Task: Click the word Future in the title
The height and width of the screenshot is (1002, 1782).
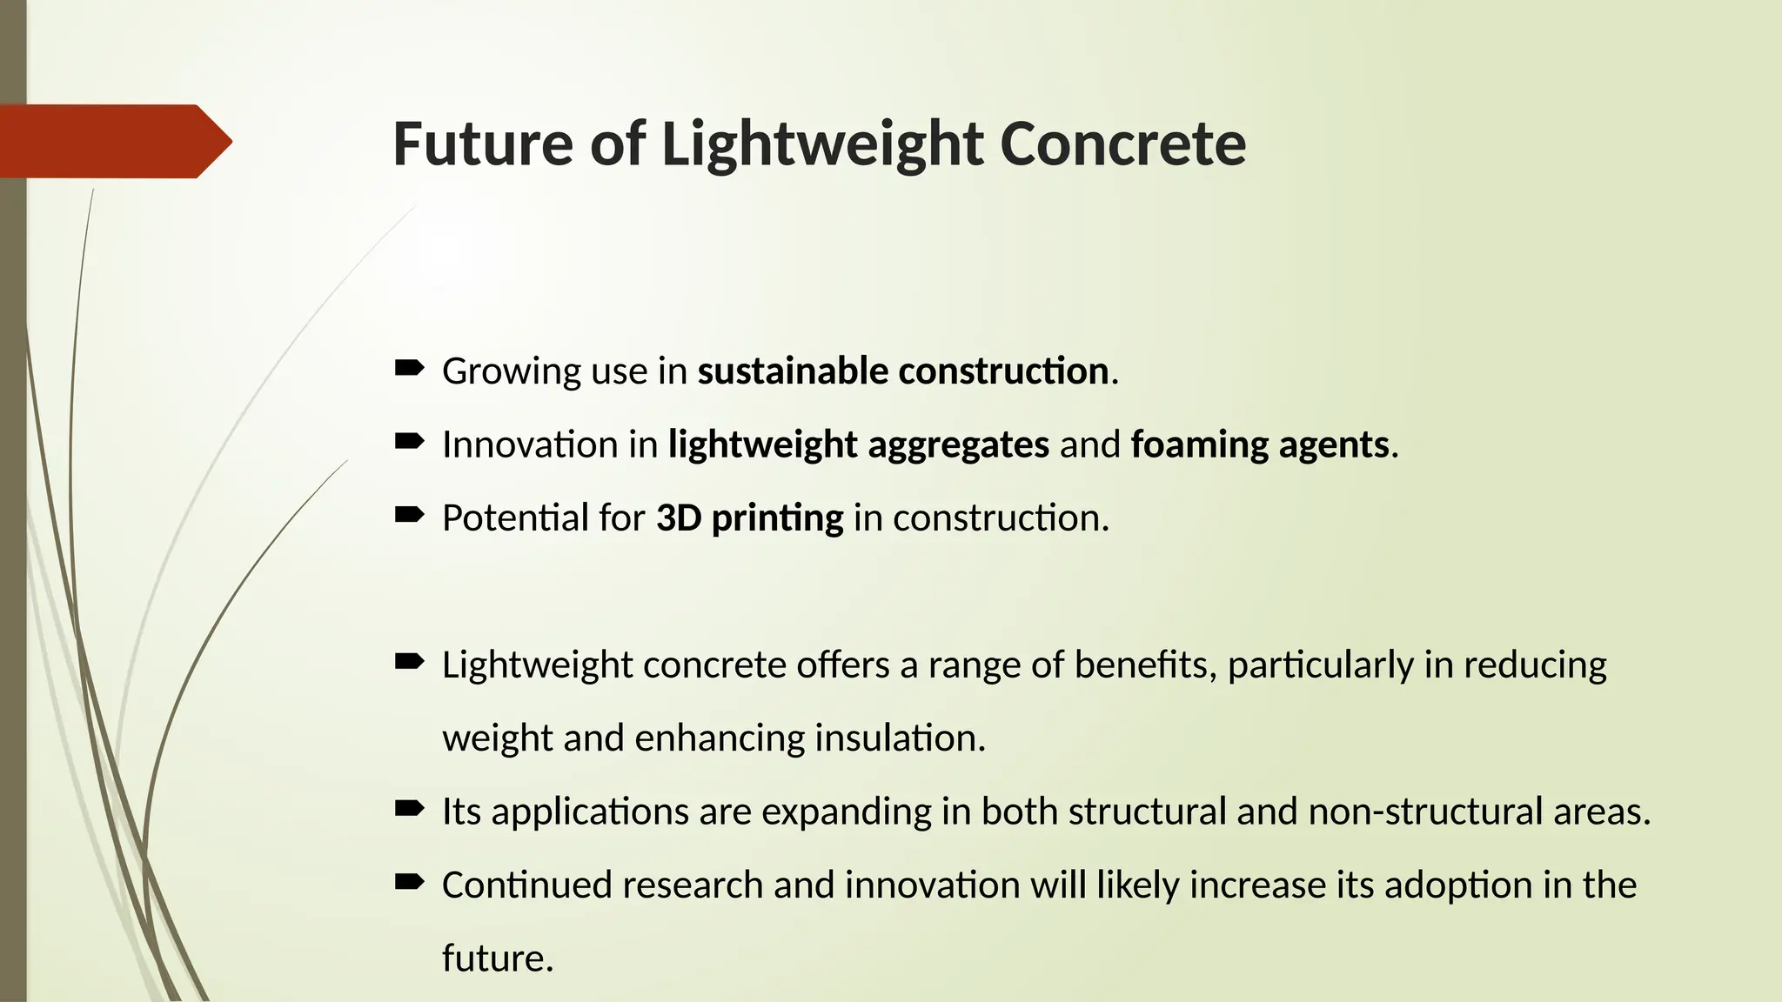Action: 482,144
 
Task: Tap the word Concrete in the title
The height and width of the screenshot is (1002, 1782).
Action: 1122,144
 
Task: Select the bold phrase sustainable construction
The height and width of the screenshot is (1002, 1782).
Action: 902,371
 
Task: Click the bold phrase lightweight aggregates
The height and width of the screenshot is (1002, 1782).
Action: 858,444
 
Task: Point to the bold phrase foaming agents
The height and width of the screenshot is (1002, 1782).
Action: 1259,444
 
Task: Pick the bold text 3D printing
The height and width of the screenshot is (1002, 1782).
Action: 749,518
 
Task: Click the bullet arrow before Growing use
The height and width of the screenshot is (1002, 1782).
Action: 409,369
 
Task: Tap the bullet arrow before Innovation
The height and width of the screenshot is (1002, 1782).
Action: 409,442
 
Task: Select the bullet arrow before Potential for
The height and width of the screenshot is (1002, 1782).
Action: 409,516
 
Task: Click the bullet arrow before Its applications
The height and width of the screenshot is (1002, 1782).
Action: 409,810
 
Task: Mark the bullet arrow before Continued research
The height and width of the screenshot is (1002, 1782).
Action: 409,883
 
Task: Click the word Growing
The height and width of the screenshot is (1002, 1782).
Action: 512,372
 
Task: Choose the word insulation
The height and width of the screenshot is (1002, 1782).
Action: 900,738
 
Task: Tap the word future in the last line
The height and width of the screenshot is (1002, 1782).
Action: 497,959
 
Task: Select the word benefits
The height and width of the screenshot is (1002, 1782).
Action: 1144,665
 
